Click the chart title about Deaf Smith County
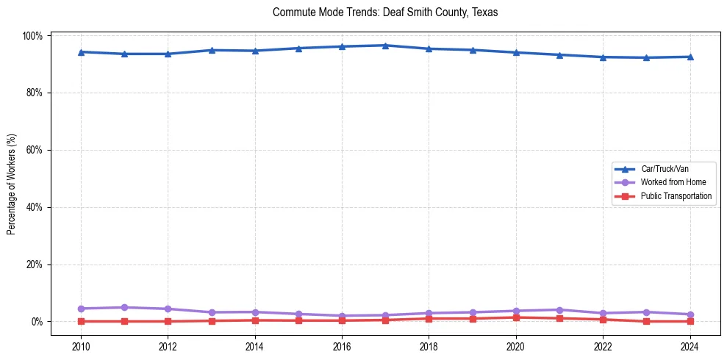point(385,12)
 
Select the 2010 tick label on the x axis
point(81,347)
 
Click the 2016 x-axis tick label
point(342,347)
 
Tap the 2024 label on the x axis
point(690,347)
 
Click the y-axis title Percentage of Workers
point(12,179)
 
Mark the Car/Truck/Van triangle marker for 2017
point(385,46)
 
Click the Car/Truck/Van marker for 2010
point(81,52)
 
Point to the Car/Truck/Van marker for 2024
point(690,57)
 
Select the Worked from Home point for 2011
point(124,307)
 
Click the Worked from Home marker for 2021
point(559,309)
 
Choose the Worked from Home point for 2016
point(342,316)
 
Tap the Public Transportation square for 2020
point(516,317)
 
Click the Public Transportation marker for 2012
point(168,321)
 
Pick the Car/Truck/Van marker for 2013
point(211,50)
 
